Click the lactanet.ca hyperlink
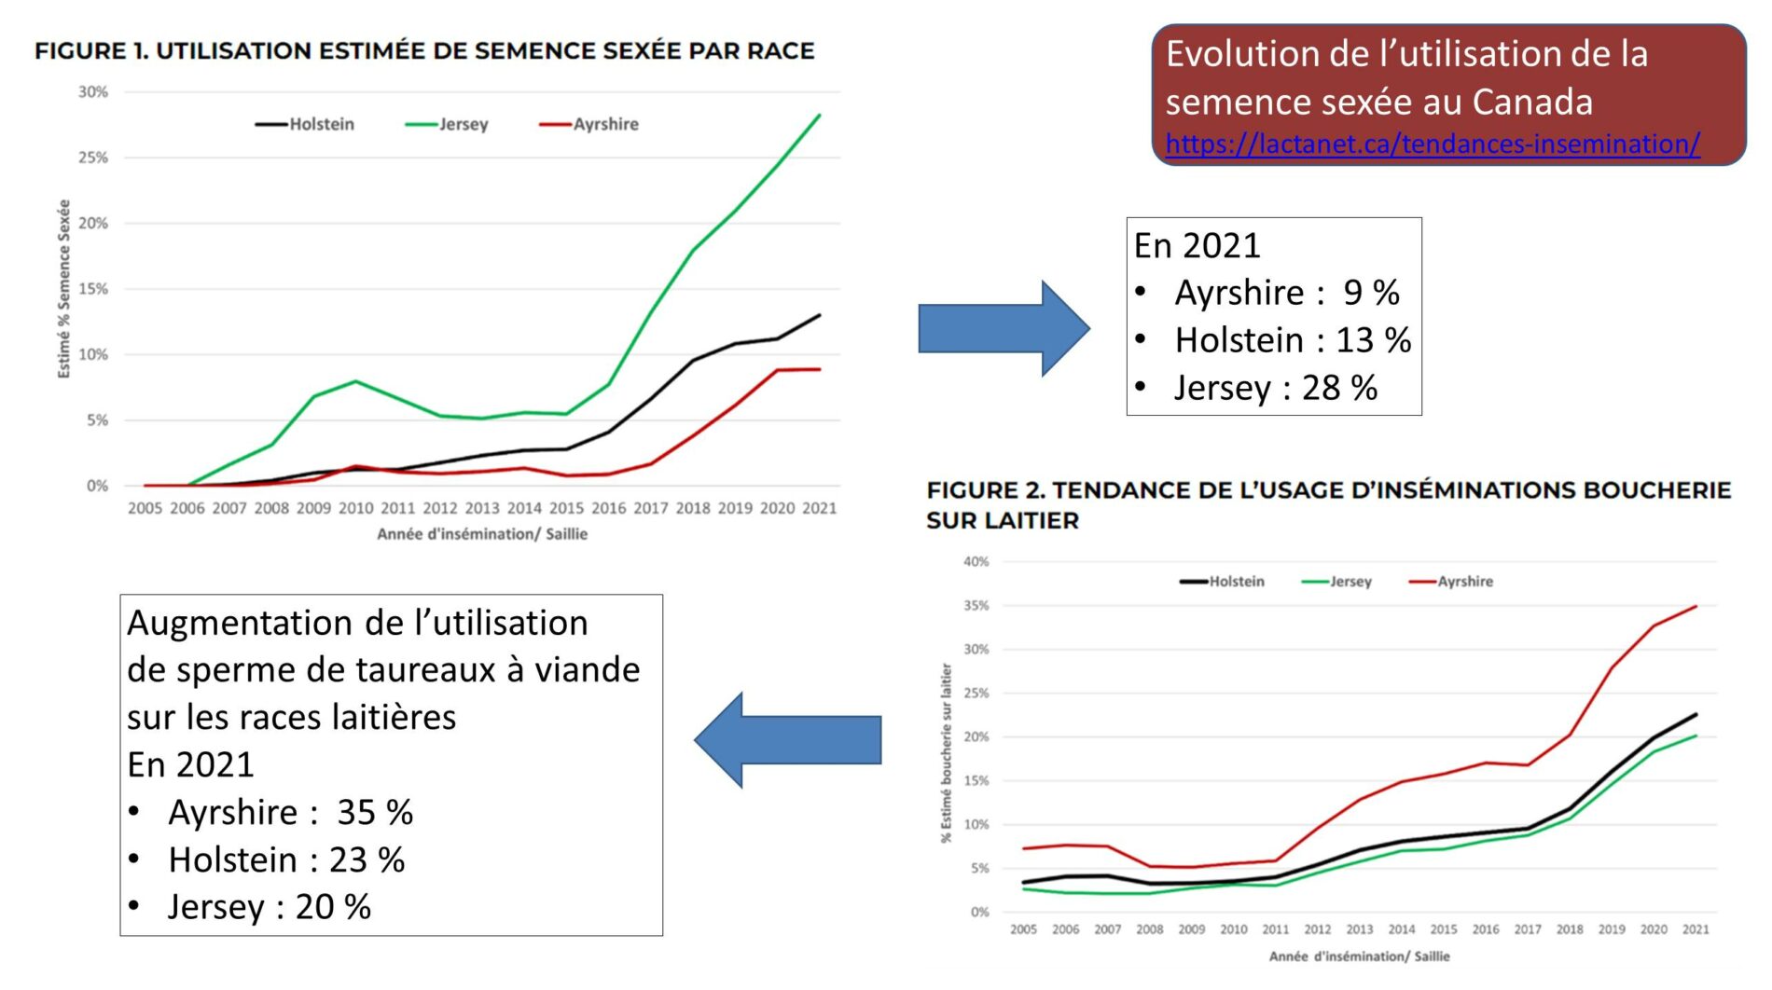click(x=1433, y=144)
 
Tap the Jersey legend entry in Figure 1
click(x=463, y=124)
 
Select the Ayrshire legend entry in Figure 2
click(x=1464, y=581)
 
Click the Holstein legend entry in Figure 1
click(x=321, y=124)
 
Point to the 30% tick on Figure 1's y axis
click(x=93, y=91)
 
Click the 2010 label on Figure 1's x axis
click(x=355, y=508)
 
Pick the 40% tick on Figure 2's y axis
click(x=976, y=561)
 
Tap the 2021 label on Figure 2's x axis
click(x=1696, y=929)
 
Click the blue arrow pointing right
click(x=1004, y=328)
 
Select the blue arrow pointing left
click(x=788, y=740)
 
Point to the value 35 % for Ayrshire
click(x=375, y=812)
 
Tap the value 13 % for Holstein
click(x=1373, y=340)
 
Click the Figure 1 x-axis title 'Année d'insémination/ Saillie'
click(x=482, y=534)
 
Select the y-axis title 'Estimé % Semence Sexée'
click(x=64, y=289)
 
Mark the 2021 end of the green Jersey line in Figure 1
click(x=819, y=115)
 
